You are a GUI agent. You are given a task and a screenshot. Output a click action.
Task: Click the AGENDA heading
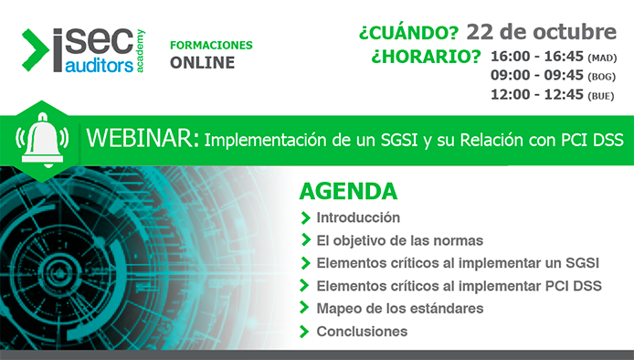click(x=348, y=193)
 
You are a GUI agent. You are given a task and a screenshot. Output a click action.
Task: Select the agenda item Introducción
click(x=358, y=217)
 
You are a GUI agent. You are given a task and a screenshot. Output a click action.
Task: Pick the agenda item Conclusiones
click(x=362, y=331)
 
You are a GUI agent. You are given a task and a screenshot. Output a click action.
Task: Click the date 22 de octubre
click(x=541, y=32)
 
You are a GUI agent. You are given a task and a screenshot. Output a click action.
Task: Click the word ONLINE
click(x=202, y=63)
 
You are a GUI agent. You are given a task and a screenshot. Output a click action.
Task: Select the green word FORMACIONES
click(x=211, y=45)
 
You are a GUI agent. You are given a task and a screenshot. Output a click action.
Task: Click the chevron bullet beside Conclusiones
click(x=304, y=331)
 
